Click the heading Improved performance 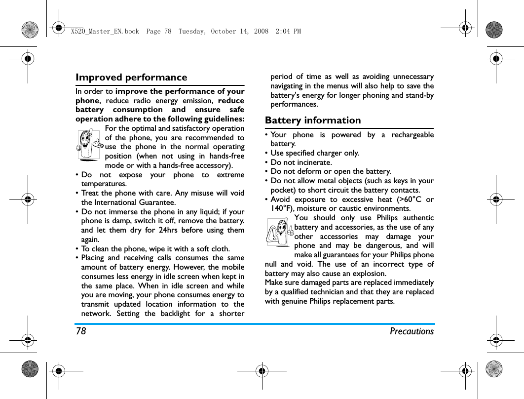click(x=131, y=78)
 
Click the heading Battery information click(x=313, y=120)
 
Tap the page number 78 click(x=81, y=331)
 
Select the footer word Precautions click(x=412, y=331)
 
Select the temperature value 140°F click(x=282, y=209)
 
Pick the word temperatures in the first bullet click(x=104, y=184)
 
